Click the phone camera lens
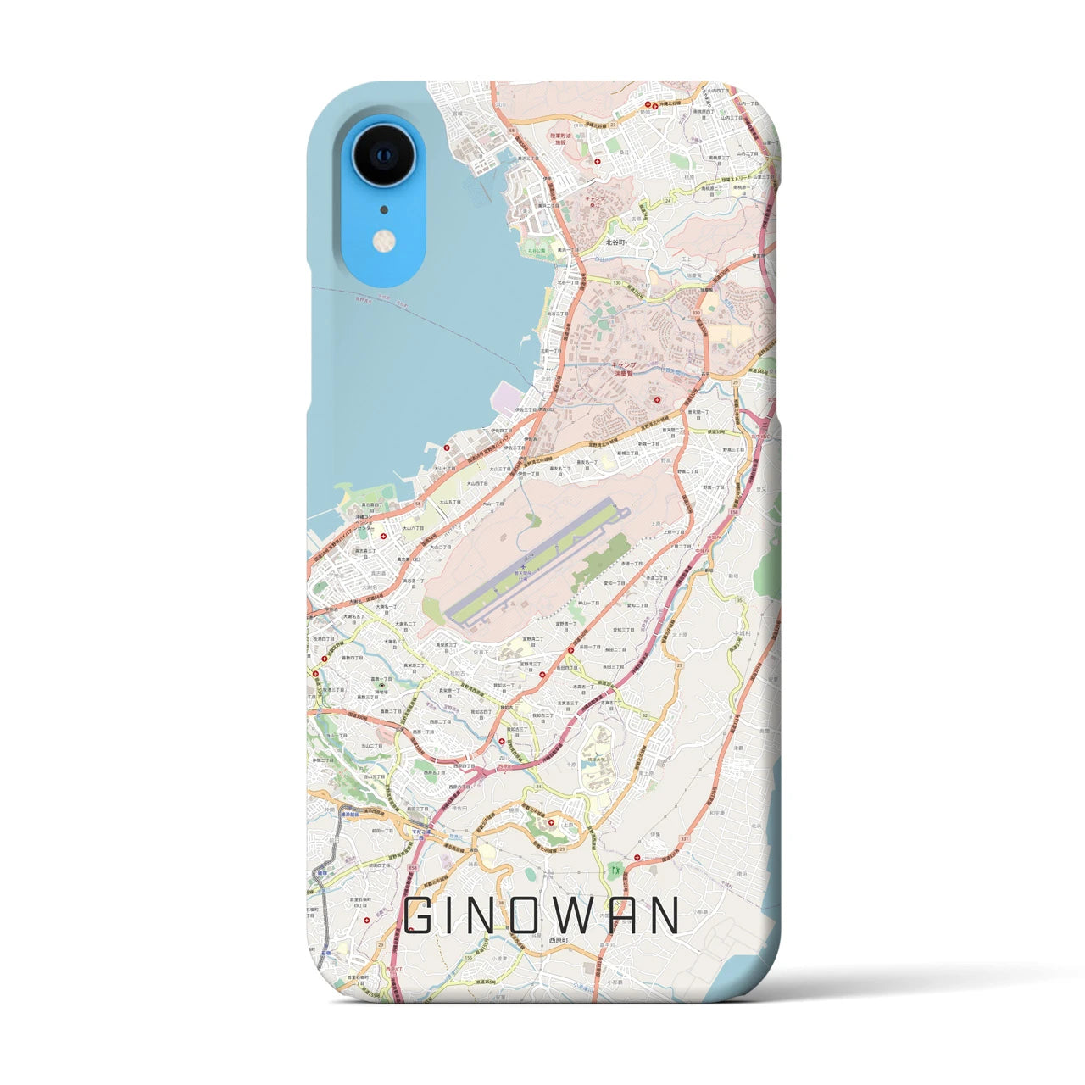(383, 156)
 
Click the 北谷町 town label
(615, 242)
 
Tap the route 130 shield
(616, 282)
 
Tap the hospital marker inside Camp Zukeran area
(657, 399)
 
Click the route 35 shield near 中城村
(739, 600)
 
